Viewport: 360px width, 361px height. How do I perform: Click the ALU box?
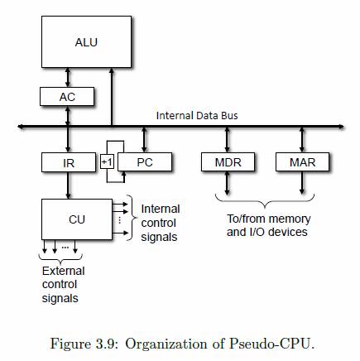(85, 41)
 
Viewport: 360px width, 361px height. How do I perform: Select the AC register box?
(67, 96)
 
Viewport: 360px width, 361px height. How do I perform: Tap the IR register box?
(68, 162)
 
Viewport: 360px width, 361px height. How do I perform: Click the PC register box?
(144, 162)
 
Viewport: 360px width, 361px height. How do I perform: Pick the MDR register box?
(227, 162)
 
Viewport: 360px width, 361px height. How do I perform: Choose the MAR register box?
(302, 162)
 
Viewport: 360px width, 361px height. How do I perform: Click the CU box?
(76, 219)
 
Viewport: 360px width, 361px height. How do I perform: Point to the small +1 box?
(107, 162)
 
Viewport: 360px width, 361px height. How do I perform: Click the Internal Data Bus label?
(198, 115)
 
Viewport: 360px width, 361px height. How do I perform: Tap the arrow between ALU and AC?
(68, 77)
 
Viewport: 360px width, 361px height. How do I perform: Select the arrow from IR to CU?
(68, 185)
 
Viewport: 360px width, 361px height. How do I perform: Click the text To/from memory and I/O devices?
(267, 225)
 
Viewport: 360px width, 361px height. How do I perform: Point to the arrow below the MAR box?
(302, 183)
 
